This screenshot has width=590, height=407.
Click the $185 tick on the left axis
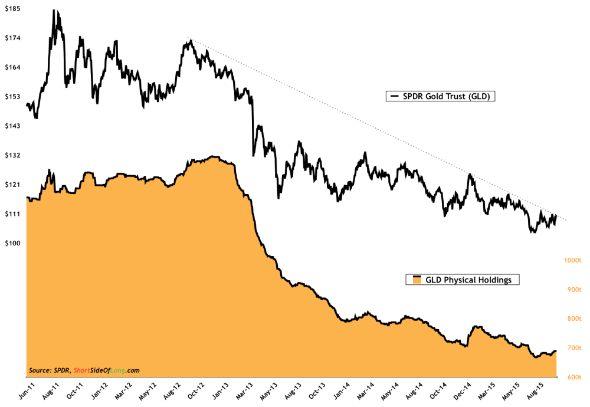point(13,9)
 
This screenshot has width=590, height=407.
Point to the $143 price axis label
point(13,126)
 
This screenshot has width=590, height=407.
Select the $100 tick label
point(13,243)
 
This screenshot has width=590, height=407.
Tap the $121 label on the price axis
point(13,185)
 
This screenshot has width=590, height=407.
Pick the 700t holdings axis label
point(571,348)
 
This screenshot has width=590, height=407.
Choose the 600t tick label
point(571,377)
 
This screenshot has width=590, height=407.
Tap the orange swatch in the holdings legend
point(416,280)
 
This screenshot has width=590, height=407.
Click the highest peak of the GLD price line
point(54,11)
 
